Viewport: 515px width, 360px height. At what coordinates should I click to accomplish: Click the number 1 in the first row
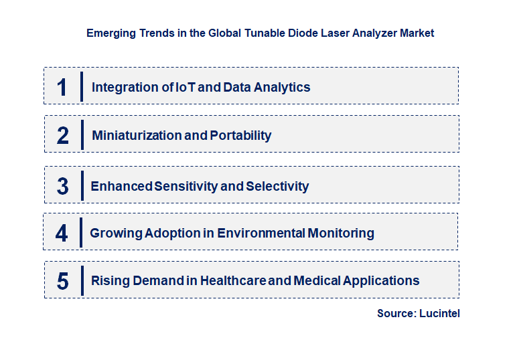[x=62, y=87]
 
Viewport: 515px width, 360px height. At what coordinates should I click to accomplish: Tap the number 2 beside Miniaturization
[x=62, y=135]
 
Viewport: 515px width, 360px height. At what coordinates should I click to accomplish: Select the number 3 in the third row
[x=62, y=186]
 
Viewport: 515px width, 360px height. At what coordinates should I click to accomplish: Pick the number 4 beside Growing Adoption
[x=62, y=233]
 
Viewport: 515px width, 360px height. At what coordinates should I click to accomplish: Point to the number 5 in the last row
[x=62, y=281]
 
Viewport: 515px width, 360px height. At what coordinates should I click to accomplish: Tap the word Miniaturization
[x=137, y=135]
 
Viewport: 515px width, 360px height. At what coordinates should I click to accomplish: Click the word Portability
[x=240, y=135]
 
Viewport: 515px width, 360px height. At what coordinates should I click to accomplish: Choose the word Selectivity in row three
[x=277, y=186]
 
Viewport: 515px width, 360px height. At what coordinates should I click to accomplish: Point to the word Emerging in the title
[x=109, y=33]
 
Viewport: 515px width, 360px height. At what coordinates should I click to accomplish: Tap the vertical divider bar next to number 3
[x=81, y=185]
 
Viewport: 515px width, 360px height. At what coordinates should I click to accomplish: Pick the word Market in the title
[x=417, y=33]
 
